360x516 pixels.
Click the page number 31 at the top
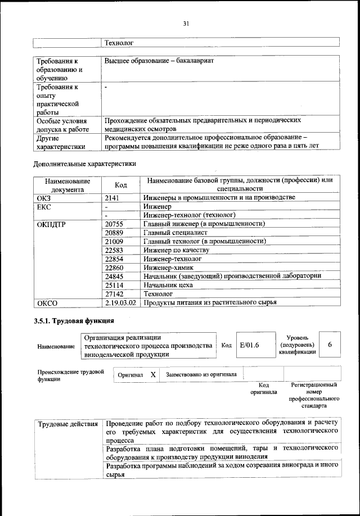pyautogui.click(x=186, y=24)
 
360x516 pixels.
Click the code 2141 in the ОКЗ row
pyautogui.click(x=113, y=198)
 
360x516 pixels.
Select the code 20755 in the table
pyautogui.click(x=115, y=224)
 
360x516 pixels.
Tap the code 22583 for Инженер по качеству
pyautogui.click(x=115, y=250)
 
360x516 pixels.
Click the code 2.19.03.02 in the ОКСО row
pyautogui.click(x=121, y=303)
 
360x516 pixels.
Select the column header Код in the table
pyautogui.click(x=120, y=185)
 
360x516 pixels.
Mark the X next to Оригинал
pyautogui.click(x=152, y=374)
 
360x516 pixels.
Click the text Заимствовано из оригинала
pyautogui.click(x=201, y=374)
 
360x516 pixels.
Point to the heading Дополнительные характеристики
pyautogui.click(x=85, y=164)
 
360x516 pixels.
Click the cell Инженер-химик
pyautogui.click(x=169, y=268)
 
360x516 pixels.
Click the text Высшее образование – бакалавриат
pyautogui.click(x=159, y=60)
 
